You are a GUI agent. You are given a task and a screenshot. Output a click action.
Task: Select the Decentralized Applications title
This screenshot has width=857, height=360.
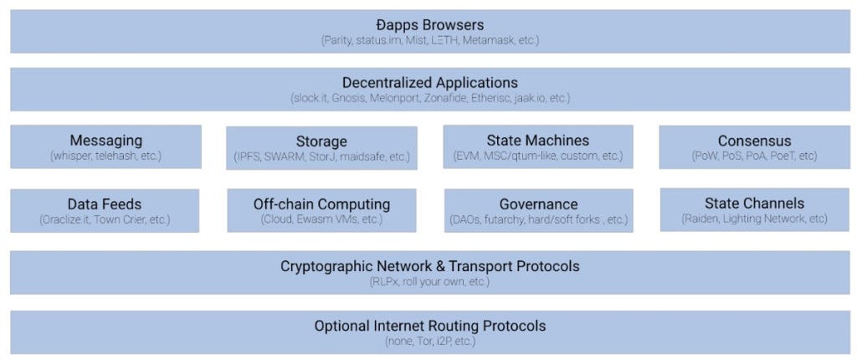click(430, 83)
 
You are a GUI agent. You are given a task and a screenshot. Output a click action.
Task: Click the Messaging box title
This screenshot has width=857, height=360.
click(105, 141)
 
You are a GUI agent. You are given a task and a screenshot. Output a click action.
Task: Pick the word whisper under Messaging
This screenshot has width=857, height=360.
click(72, 156)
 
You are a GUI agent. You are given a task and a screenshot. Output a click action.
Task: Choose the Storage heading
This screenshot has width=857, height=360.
click(321, 141)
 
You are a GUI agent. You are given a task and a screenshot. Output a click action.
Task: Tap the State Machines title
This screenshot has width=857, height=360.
click(537, 141)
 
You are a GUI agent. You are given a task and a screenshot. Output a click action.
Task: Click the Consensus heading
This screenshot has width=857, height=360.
click(754, 141)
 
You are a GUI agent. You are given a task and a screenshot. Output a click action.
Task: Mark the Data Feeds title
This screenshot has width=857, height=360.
click(105, 203)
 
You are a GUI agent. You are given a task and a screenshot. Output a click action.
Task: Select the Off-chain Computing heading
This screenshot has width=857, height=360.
click(321, 203)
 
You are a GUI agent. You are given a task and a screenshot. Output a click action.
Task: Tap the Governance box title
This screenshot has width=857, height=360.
click(538, 203)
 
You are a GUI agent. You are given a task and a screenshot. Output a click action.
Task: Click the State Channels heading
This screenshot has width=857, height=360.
click(754, 203)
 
